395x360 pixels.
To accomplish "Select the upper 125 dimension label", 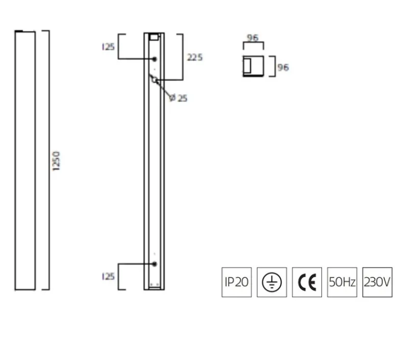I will pos(108,47).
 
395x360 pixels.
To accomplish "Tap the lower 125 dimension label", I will pos(108,277).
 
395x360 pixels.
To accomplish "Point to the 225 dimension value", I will pos(194,57).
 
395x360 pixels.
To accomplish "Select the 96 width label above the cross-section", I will pos(252,38).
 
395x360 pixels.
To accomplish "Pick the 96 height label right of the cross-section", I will pos(283,67).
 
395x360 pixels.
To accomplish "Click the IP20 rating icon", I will pos(237,282).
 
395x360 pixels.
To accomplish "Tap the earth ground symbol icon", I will pos(271,282).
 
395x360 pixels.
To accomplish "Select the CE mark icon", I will pos(307,282).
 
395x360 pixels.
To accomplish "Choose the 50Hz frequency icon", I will pos(342,282).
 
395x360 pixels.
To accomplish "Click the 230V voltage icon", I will pos(377,282).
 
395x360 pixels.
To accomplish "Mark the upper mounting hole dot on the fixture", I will pos(154,59).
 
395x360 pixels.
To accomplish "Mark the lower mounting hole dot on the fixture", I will pos(154,264).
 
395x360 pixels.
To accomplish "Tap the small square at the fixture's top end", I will pos(154,37).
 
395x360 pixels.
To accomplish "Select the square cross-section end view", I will pos(253,66).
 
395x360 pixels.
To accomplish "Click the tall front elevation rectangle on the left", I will pos(25,161).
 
